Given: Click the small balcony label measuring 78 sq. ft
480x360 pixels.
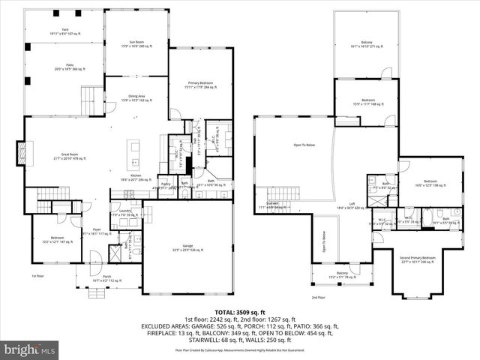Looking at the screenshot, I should tap(342, 274).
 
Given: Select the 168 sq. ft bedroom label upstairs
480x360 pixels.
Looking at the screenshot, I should tap(368, 101).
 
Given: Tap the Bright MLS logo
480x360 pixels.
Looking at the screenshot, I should tap(30, 349).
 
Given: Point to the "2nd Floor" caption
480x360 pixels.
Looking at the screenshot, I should tap(318, 297).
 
